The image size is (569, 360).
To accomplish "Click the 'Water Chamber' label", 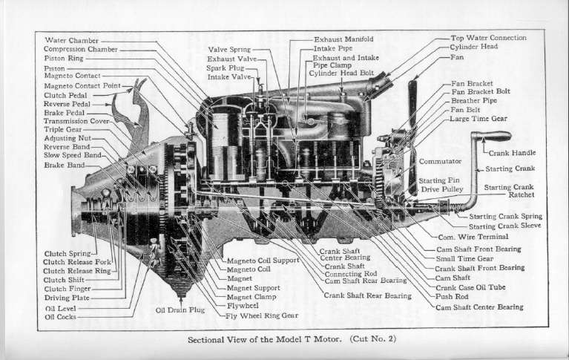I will [72, 39].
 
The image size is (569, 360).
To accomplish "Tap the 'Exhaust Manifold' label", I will [343, 39].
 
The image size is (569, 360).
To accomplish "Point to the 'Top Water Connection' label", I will [488, 37].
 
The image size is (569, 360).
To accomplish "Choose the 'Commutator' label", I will [441, 160].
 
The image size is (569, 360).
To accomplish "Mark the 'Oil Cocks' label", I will [60, 317].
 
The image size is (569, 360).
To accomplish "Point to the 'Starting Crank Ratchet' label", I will [509, 191].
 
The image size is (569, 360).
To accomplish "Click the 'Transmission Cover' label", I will [76, 121].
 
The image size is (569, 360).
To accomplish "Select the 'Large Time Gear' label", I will [479, 118].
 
